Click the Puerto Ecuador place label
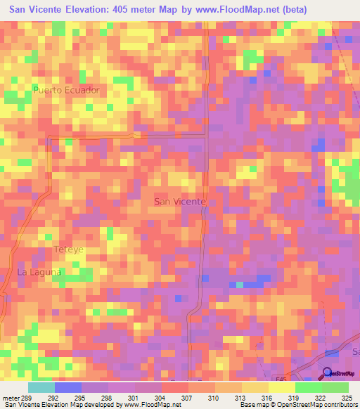click(67, 91)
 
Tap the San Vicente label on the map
click(179, 202)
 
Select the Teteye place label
click(69, 249)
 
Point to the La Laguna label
click(39, 272)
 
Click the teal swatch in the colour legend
click(41, 387)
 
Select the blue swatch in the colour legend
click(68, 387)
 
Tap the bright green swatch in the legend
click(309, 387)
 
